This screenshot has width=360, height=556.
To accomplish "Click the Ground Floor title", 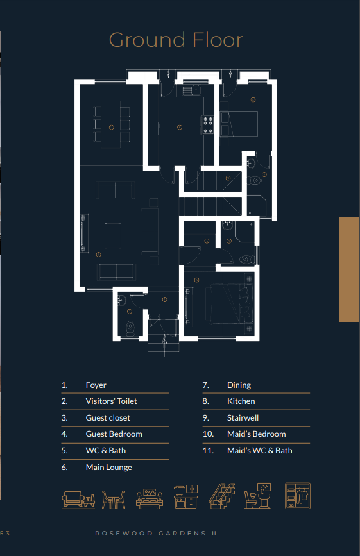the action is pyautogui.click(x=176, y=40).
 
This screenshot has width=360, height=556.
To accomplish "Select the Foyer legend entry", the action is pyautogui.click(x=96, y=385).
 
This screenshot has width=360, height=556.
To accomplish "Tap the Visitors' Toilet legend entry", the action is pyautogui.click(x=112, y=401).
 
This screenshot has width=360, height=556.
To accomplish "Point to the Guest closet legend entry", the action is pyautogui.click(x=108, y=417).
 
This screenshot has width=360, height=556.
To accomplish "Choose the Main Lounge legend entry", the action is pyautogui.click(x=109, y=468).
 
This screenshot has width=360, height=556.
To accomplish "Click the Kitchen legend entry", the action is pyautogui.click(x=241, y=401).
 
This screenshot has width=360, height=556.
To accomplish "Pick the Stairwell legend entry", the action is pyautogui.click(x=243, y=417).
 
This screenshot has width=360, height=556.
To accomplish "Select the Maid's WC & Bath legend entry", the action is pyautogui.click(x=260, y=450).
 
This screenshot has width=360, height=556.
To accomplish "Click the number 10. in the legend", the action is pyautogui.click(x=208, y=434).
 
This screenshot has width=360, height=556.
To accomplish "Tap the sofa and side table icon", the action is pyautogui.click(x=78, y=500).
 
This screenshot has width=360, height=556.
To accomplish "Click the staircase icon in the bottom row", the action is pyautogui.click(x=222, y=496).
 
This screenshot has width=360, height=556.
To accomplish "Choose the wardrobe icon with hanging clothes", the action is pyautogui.click(x=298, y=496).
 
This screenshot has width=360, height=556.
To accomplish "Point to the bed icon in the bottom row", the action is pyautogui.click(x=150, y=499).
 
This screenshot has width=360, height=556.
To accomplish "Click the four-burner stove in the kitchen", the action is pyautogui.click(x=208, y=126).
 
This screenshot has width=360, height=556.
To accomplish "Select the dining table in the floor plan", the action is pyautogui.click(x=111, y=124).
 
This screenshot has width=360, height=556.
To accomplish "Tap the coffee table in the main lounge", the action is pyautogui.click(x=113, y=235).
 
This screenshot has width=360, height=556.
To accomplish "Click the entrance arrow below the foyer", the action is pyautogui.click(x=164, y=344).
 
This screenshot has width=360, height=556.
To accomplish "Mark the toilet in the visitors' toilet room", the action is pyautogui.click(x=130, y=328).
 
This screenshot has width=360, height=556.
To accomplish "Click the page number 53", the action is pyautogui.click(x=5, y=534).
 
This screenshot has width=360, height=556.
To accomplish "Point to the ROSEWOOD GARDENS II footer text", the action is pyautogui.click(x=156, y=534).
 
